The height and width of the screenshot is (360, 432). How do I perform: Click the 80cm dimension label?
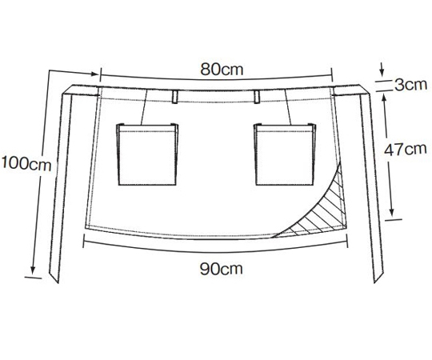(222, 70)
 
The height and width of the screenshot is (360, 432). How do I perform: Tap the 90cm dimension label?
(222, 269)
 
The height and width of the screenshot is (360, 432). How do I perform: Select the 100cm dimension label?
(26, 163)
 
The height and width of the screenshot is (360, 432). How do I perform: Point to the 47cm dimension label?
(406, 150)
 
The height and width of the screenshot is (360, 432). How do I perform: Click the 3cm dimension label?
(410, 85)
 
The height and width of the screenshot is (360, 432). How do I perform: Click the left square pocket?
(147, 154)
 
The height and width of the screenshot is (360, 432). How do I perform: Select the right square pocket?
(285, 154)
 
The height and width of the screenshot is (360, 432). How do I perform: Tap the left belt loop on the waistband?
(174, 97)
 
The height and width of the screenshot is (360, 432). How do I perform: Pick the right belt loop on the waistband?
(257, 97)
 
